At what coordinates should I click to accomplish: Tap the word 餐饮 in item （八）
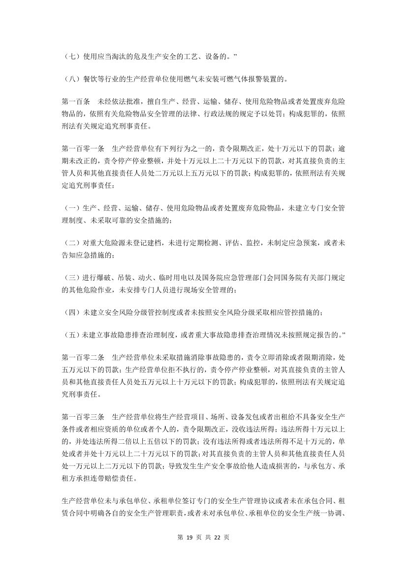91,79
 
